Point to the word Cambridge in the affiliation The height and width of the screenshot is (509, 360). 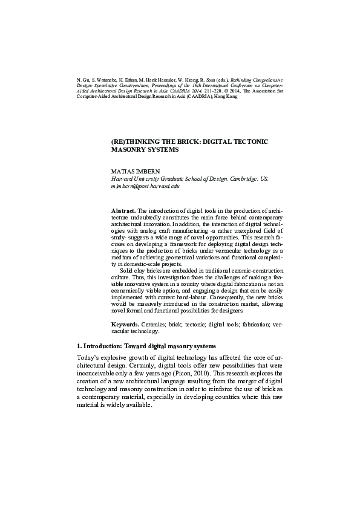click(x=240, y=180)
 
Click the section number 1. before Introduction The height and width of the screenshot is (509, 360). click(x=79, y=346)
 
